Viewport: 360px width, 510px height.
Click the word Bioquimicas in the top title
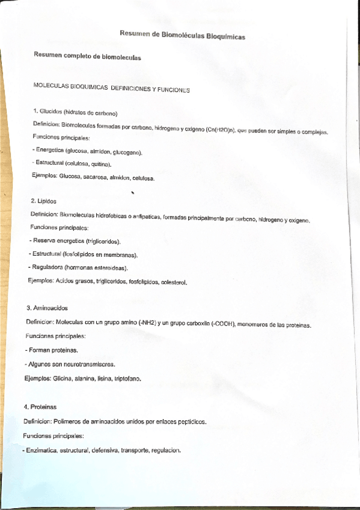pos(225,37)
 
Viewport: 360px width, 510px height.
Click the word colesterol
pos(174,281)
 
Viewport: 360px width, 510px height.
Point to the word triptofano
pos(128,379)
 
